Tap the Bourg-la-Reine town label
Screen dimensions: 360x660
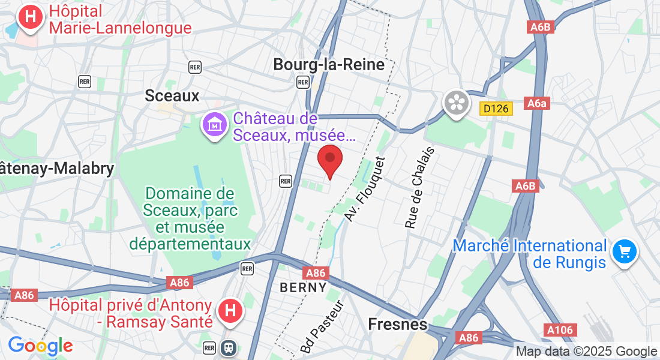point(329,65)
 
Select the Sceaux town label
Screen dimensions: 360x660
point(172,95)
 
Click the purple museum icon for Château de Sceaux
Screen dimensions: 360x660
point(214,125)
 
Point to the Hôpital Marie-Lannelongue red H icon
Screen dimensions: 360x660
point(30,19)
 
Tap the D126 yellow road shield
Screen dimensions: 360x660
point(494,109)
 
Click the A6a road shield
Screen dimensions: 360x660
point(537,104)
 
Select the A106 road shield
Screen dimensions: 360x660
point(561,329)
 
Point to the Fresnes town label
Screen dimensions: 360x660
point(397,325)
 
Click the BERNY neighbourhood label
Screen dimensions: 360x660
point(304,287)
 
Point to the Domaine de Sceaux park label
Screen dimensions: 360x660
point(190,219)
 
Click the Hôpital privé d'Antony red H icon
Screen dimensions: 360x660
point(229,311)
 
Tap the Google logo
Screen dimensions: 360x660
point(40,346)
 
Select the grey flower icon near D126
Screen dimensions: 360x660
point(457,103)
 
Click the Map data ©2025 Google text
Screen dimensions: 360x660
point(587,352)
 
